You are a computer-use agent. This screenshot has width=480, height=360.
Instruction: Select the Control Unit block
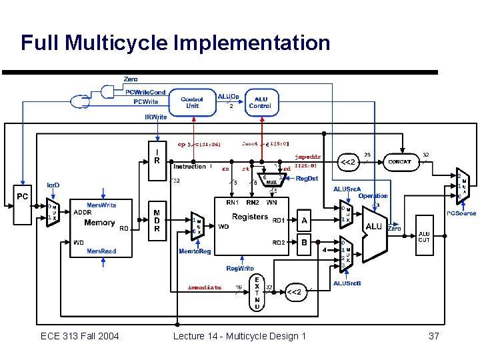click(x=192, y=103)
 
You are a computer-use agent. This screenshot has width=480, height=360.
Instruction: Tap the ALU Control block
click(x=259, y=103)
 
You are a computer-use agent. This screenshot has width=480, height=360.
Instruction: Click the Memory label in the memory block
click(x=99, y=223)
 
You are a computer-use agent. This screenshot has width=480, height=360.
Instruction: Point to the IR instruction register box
click(x=157, y=155)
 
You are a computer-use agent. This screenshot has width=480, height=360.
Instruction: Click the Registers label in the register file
click(x=249, y=217)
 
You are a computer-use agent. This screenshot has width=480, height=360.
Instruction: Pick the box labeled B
click(x=304, y=243)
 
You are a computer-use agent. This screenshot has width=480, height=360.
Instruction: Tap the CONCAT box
click(x=399, y=162)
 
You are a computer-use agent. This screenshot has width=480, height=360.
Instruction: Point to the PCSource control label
click(x=461, y=213)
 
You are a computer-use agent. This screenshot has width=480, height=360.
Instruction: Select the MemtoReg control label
click(x=195, y=251)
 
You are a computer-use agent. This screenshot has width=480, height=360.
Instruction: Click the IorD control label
click(x=52, y=185)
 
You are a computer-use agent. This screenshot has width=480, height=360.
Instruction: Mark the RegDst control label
click(x=307, y=179)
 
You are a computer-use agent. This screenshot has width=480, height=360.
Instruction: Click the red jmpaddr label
click(x=307, y=157)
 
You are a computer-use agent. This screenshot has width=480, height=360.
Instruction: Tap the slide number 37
click(x=433, y=336)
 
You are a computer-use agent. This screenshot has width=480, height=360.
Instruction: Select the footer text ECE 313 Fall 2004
click(x=79, y=336)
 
